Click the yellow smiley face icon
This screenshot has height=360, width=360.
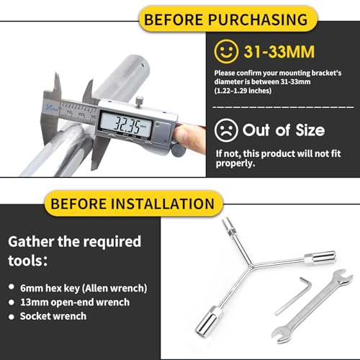coord(226,52)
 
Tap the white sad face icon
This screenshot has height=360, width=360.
coord(226,130)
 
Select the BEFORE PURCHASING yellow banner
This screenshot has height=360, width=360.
coord(228,19)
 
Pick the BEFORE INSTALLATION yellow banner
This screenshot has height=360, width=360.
coord(133,204)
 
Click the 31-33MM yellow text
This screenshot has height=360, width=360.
coord(279,52)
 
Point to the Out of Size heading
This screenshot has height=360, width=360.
coord(284,130)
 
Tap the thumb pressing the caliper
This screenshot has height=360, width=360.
coord(185,137)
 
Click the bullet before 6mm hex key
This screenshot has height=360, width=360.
coord(12,287)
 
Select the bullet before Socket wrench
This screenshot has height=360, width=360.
coord(12,317)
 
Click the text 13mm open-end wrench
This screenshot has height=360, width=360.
coord(75,302)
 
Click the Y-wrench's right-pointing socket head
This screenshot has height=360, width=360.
coord(320,258)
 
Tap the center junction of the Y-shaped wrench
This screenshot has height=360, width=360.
coord(251,266)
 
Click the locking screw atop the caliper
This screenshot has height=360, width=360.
coord(140,100)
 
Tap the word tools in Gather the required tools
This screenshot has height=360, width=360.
coord(26,261)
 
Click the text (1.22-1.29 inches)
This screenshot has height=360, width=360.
coord(243,91)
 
